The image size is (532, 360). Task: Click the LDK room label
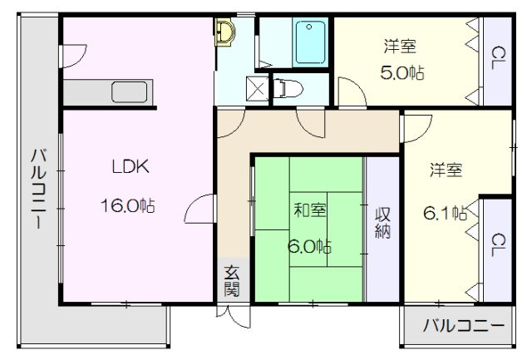click(131, 166)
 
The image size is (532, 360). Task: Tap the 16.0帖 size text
click(127, 205)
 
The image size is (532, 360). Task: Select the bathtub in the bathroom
click(310, 42)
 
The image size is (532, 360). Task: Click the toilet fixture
click(288, 89)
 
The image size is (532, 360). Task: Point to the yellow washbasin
click(224, 32)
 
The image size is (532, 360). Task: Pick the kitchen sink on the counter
click(130, 92)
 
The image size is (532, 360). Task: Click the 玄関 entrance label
click(232, 281)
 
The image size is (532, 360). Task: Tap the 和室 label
click(310, 210)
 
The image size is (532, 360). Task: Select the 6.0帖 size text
click(309, 246)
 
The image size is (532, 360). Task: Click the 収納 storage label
click(382, 223)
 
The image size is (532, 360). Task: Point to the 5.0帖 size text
click(402, 72)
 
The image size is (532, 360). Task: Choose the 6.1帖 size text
click(446, 213)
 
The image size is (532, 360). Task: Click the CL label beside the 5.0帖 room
click(498, 58)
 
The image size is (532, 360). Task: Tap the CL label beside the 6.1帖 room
click(498, 244)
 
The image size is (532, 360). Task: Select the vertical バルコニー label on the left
click(39, 188)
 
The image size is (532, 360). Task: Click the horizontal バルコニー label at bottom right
click(464, 326)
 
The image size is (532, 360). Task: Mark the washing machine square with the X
click(257, 89)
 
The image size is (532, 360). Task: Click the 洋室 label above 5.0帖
click(400, 47)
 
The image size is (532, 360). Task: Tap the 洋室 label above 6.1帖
click(446, 170)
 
